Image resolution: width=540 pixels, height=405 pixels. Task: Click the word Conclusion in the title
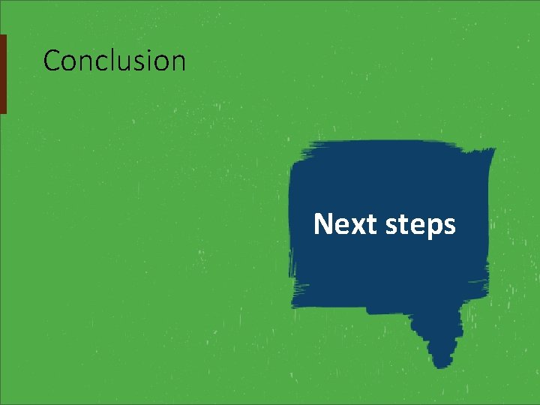(x=114, y=60)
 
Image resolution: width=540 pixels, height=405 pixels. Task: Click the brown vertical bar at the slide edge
(x=3, y=73)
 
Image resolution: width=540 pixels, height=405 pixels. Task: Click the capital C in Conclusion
(x=52, y=60)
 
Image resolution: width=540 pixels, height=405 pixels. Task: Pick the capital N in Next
(x=323, y=223)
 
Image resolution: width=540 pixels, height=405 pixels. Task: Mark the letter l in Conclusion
(x=112, y=60)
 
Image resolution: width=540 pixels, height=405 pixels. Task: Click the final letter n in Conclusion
(x=178, y=61)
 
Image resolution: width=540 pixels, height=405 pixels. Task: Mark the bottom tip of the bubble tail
(x=444, y=366)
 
